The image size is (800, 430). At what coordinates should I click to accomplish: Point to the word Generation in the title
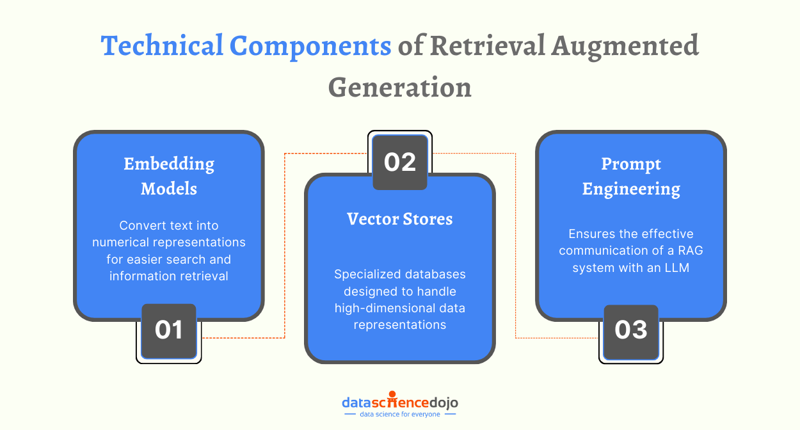pyautogui.click(x=400, y=87)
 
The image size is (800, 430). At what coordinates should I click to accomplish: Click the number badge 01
pyautogui.click(x=169, y=330)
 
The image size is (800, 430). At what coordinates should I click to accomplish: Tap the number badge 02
pyautogui.click(x=400, y=163)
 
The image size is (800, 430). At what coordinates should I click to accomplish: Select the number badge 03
pyautogui.click(x=631, y=330)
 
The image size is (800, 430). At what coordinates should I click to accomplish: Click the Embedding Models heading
pyautogui.click(x=169, y=176)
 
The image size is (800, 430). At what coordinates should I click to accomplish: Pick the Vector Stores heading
pyautogui.click(x=400, y=219)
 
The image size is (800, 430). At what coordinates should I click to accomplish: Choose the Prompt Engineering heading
pyautogui.click(x=631, y=176)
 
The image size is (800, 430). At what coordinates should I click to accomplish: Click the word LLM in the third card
pyautogui.click(x=676, y=267)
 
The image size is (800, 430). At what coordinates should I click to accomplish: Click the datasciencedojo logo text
pyautogui.click(x=400, y=402)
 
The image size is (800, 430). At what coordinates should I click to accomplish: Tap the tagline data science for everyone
pyautogui.click(x=400, y=415)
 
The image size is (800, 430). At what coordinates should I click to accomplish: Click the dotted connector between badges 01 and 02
pyautogui.click(x=284, y=243)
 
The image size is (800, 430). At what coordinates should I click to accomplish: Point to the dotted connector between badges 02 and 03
pyautogui.click(x=516, y=243)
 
